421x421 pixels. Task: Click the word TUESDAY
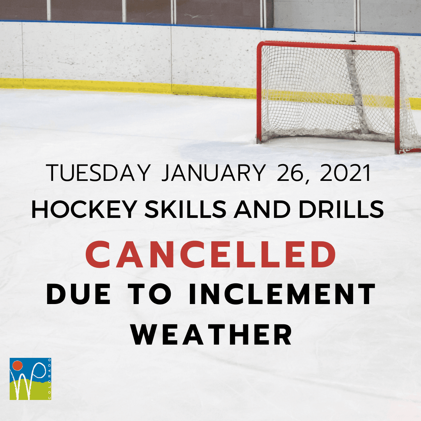pos(98,173)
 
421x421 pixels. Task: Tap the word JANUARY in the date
pos(213,173)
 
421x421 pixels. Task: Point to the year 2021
pos(345,173)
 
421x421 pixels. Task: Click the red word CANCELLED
pos(211,254)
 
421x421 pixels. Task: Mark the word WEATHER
pos(212,335)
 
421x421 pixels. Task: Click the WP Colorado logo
pos(31,379)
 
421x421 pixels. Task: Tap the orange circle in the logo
pos(17,366)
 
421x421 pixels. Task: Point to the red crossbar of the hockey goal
pos(327,45)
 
